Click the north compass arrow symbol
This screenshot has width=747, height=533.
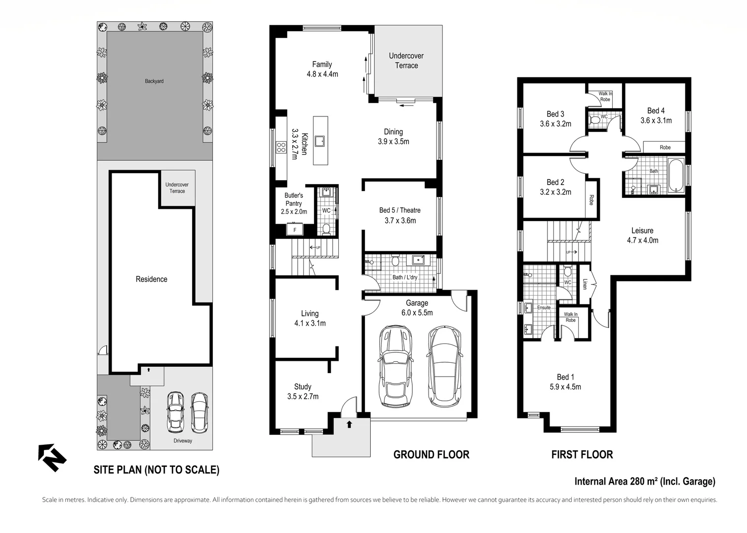click(x=52, y=457)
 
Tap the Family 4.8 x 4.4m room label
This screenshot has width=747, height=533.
click(x=322, y=69)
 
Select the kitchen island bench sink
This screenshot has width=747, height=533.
click(x=320, y=141)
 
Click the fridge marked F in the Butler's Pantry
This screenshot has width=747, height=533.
click(x=295, y=229)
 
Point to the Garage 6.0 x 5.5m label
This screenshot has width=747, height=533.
click(x=417, y=307)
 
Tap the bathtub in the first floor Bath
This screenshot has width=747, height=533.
click(x=676, y=176)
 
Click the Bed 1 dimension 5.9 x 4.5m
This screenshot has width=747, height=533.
click(x=565, y=386)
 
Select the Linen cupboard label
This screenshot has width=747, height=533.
click(x=584, y=284)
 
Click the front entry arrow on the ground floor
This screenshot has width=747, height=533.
click(x=349, y=424)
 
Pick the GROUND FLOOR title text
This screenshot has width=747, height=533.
click(x=431, y=455)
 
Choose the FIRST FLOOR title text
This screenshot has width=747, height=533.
click(x=582, y=455)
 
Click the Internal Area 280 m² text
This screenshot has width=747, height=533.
click(x=616, y=481)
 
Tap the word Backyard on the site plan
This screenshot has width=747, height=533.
click(x=154, y=81)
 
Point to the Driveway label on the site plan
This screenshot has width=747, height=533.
click(x=183, y=441)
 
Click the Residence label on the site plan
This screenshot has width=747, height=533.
click(x=152, y=279)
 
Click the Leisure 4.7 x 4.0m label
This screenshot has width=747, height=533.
click(x=642, y=235)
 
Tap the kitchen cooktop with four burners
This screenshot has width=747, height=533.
click(x=281, y=148)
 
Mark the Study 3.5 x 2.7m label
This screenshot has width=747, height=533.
click(x=303, y=391)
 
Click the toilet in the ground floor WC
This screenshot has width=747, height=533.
click(x=326, y=229)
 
